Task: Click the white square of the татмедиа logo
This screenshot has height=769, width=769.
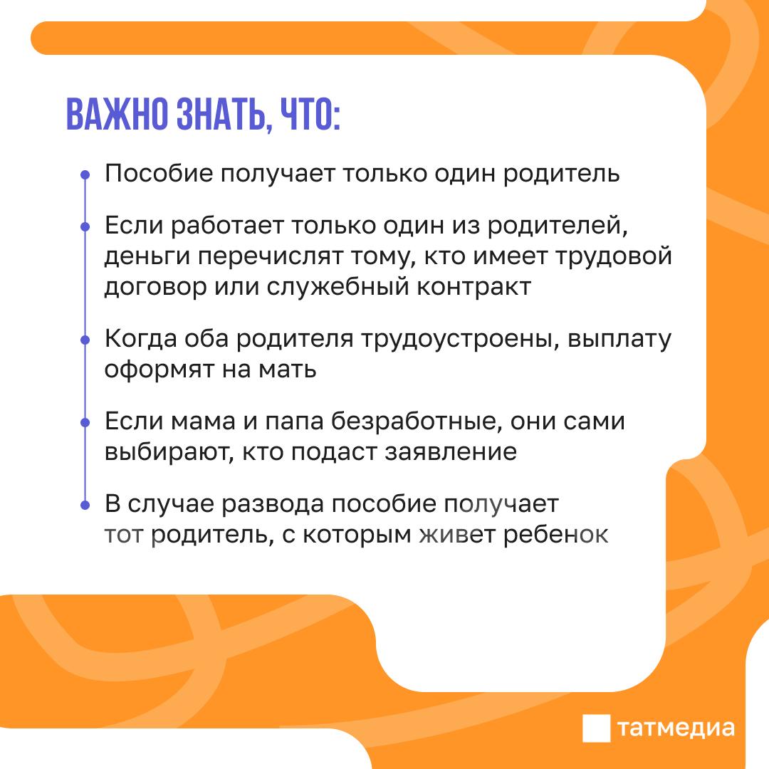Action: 597,728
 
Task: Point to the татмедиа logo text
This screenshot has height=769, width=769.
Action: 676,729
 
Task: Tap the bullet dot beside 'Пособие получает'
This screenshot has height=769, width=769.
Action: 85,174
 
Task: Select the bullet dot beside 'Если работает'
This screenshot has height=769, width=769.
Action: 85,226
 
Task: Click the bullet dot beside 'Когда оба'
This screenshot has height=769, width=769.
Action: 85,340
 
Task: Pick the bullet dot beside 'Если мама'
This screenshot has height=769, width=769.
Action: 85,422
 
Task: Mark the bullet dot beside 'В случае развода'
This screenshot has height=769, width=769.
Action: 85,505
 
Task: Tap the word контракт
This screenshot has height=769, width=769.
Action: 474,286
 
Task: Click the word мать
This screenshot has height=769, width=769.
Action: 288,370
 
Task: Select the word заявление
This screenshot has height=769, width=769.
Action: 451,452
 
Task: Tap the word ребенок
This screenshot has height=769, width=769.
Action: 556,534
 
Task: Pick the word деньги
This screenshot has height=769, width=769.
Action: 147,257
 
